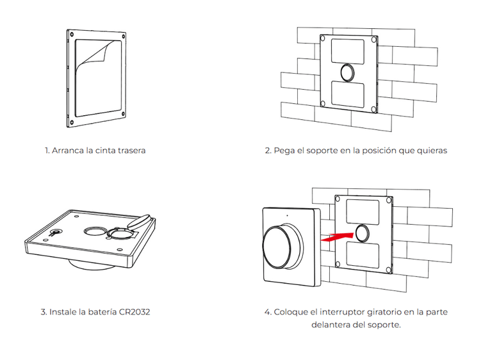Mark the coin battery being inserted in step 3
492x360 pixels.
[x=142, y=221]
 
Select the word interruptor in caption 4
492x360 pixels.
[x=336, y=313]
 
